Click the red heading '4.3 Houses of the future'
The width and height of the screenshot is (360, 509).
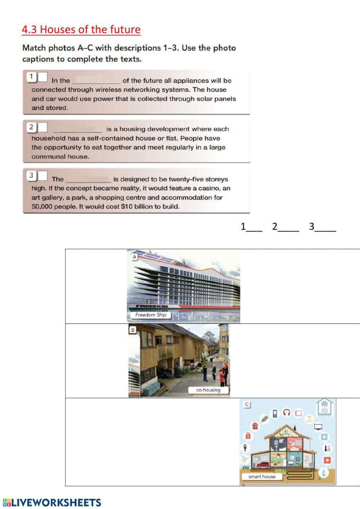81,30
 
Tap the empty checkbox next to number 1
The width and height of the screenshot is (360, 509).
42,77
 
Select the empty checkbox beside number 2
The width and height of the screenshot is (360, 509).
42,127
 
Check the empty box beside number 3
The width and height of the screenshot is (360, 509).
42,176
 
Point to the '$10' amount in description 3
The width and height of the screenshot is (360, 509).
127,206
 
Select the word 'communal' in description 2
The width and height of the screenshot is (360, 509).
45,157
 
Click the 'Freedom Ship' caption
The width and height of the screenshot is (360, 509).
150,315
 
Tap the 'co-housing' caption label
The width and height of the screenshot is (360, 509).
208,390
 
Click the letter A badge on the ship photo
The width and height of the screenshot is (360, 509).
135,257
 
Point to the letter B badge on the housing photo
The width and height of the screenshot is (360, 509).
133,330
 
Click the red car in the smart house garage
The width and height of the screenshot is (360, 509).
262,465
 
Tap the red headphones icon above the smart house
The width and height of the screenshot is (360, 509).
287,412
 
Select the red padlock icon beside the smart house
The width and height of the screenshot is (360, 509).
248,436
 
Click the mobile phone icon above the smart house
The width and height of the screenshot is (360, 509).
275,413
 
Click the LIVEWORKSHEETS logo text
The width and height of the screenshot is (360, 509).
56,503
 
